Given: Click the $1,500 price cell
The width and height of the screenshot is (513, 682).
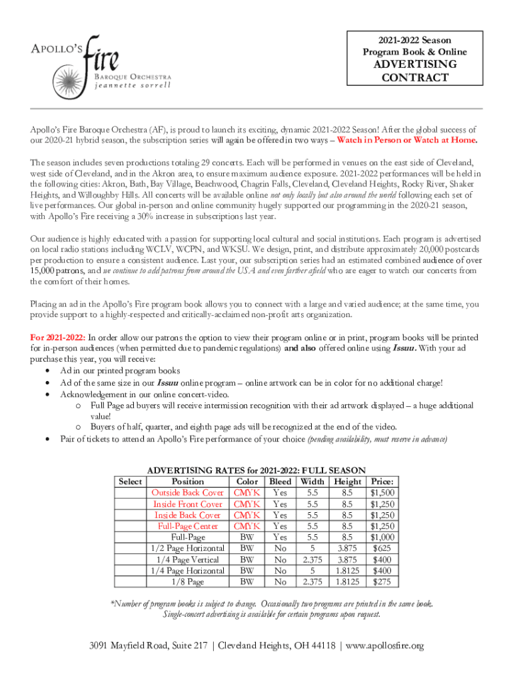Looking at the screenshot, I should (x=382, y=493).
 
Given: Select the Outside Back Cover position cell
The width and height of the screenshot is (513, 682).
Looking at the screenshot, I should (x=188, y=493).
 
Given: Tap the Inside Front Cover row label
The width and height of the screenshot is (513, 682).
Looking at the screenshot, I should (x=188, y=504).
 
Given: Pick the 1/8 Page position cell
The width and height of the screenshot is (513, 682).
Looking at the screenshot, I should (x=188, y=582).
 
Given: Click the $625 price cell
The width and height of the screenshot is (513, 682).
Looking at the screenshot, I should (x=382, y=548).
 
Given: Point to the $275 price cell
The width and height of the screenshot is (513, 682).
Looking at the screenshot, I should (x=382, y=582).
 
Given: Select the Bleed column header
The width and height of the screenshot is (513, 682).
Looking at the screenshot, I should (x=280, y=482).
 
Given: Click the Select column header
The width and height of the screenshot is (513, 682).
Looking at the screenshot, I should (x=130, y=482).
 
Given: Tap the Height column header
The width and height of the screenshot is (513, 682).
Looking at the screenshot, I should (x=348, y=482).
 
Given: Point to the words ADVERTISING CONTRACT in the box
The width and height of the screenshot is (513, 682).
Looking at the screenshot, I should (x=414, y=71).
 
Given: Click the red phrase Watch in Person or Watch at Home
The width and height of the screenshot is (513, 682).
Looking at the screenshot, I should (x=407, y=141).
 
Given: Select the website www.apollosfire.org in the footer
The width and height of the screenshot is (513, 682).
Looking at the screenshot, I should (x=385, y=646).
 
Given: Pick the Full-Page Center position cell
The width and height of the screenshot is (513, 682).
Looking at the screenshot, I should (x=188, y=526).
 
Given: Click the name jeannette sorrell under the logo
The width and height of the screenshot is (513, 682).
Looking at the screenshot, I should (x=132, y=85).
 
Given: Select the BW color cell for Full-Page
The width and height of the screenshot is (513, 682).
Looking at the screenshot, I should (x=247, y=537).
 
